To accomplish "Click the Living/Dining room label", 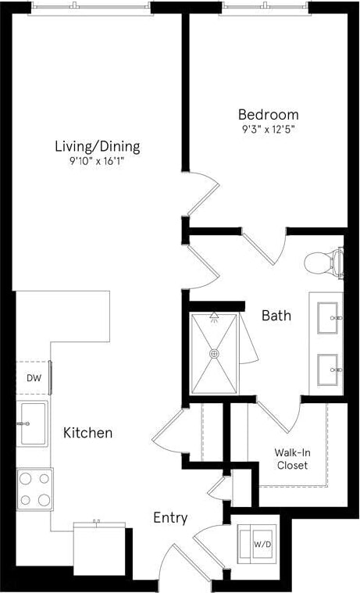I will point(98,146).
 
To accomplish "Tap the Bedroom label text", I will point(269,115).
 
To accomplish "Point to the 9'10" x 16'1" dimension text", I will point(98,163).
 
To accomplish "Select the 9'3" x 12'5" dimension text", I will point(269,130).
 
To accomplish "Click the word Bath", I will point(276,316).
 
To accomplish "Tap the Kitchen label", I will point(87,432).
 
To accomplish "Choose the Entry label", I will point(169,517).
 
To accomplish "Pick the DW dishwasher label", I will point(34,378).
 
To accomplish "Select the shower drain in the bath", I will point(214,353).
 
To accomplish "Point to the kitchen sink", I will point(33,423).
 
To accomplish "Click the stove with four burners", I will point(35,489).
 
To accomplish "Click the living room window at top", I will point(91,5).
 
